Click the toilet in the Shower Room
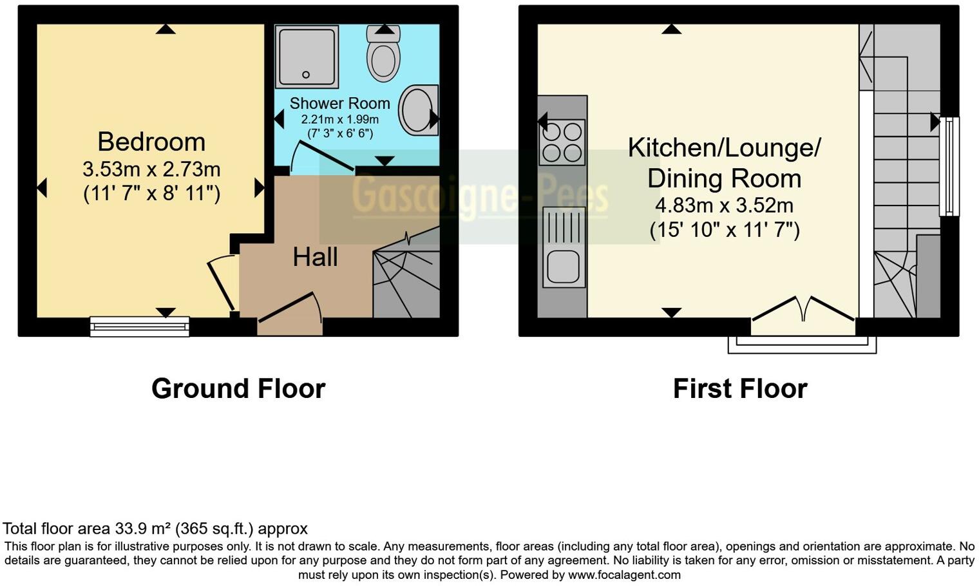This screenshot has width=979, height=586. click(383, 55)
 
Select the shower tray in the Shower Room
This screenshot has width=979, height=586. click(307, 57)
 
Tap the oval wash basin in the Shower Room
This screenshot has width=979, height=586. click(418, 111)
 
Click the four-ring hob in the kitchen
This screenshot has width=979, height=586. click(563, 142)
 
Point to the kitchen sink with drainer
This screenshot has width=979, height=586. click(564, 247)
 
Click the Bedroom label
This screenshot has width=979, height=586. click(151, 142)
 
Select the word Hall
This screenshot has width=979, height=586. click(315, 258)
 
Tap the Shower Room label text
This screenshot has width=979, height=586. click(339, 103)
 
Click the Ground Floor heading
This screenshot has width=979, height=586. click(238, 389)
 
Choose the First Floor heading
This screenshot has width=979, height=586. click(740, 389)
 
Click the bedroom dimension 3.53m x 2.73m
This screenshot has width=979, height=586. click(151, 169)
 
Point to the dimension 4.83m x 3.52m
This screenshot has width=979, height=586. click(724, 205)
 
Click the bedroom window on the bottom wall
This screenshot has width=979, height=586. click(140, 326)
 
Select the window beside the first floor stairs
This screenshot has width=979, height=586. click(949, 166)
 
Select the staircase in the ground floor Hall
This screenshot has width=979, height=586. click(406, 277)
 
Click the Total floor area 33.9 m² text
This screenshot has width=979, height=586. click(155, 529)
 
